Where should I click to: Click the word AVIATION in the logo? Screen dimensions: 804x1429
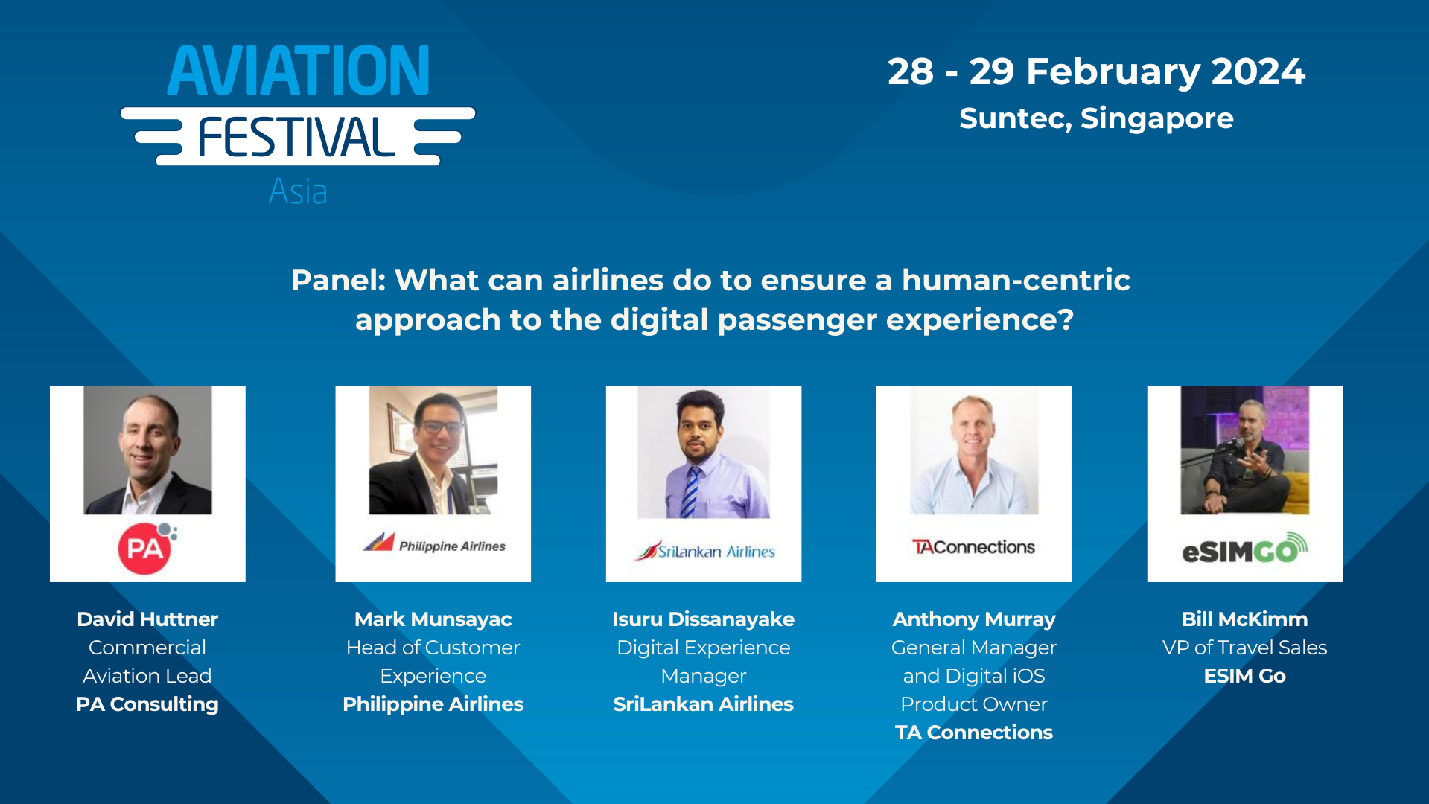pos(298,71)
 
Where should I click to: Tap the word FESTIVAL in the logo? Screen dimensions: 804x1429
pos(296,138)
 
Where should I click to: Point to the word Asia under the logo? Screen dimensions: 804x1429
pos(298,192)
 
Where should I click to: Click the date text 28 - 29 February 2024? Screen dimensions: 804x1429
pos(1095,72)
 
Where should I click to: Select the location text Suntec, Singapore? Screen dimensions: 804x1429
pos(1095,118)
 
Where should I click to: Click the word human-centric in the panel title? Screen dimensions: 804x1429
pos(1016,281)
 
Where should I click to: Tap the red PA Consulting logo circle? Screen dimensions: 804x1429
pos(144,549)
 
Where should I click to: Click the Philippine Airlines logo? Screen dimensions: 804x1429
pos(433,544)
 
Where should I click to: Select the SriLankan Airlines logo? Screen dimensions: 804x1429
pos(704,551)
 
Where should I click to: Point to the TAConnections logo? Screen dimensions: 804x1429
pos(973,547)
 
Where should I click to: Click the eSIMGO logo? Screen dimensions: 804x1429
pos(1244,549)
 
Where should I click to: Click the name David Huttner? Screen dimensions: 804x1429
pos(147,619)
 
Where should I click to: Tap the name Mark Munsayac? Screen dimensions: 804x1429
pos(433,619)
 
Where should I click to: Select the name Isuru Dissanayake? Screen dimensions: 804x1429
pos(703,619)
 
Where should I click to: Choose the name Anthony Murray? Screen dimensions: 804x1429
pos(973,619)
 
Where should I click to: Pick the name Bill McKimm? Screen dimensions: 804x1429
pos(1244,619)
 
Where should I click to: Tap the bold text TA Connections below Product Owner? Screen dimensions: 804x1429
pos(973,733)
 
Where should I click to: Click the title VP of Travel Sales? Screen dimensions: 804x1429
pos(1244,648)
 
